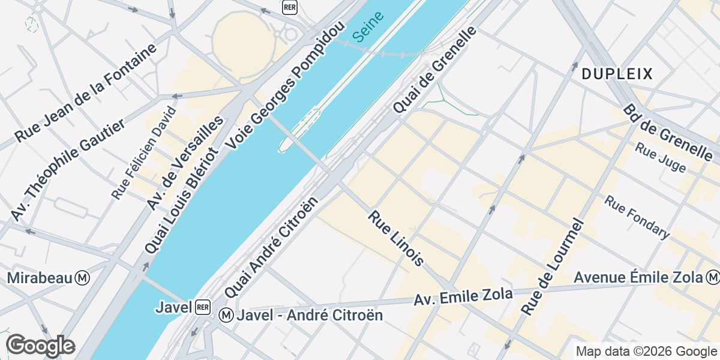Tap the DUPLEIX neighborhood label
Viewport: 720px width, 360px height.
click(x=617, y=74)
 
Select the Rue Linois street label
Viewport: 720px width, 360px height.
click(x=397, y=238)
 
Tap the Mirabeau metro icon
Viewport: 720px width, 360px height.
click(x=83, y=278)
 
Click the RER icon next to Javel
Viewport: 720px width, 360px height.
click(x=202, y=307)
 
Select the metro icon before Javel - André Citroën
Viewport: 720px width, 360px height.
click(x=226, y=314)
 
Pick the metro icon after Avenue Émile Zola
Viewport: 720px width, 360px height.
click(x=713, y=277)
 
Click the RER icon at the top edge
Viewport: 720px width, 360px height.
click(x=290, y=7)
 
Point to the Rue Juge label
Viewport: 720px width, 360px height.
click(x=661, y=157)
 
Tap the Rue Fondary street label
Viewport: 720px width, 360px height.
click(x=637, y=217)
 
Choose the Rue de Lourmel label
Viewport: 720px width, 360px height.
click(x=553, y=267)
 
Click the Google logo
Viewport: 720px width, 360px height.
click(x=40, y=346)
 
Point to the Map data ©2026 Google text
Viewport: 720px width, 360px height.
click(x=646, y=351)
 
